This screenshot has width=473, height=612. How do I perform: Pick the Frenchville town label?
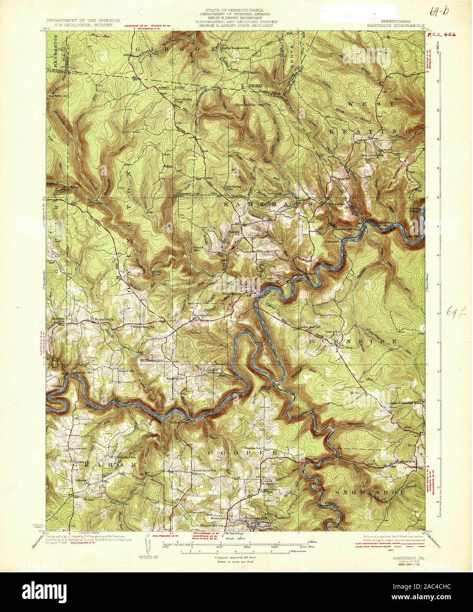point(101,316)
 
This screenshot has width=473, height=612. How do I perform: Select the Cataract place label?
point(334,241)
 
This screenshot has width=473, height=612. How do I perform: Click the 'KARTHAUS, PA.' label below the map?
point(405,557)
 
